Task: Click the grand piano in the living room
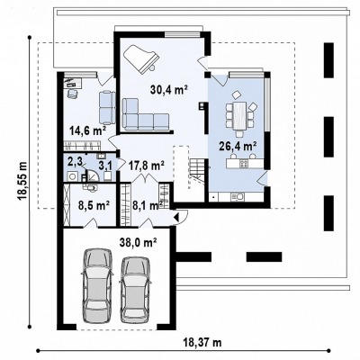pos(140,58)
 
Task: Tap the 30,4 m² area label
pos(169,89)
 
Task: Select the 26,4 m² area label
pos(238,146)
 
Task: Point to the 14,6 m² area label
pos(88,130)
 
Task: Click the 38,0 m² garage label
pos(139,242)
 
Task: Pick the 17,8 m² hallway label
pos(146,165)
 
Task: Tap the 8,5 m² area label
pos(94,205)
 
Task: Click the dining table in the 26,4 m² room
pos(239,115)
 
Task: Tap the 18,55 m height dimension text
pos(22,182)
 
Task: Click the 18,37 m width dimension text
pos(202,342)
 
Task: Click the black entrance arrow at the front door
pos(175,217)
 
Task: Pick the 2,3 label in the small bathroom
pos(75,162)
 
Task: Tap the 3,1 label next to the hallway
pos(105,166)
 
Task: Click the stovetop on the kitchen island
pos(244,164)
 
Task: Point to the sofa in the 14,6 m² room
pos(107,107)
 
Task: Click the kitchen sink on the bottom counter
pos(238,196)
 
